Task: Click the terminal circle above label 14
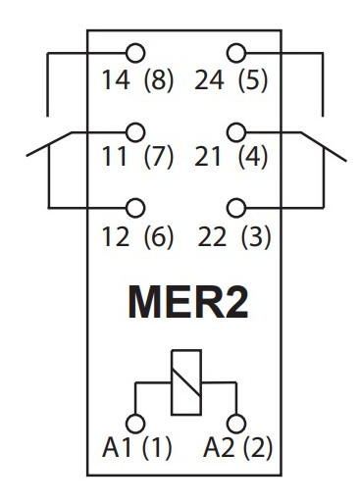pos(135,52)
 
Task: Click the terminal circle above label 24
pos(234,52)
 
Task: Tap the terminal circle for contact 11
pos(135,129)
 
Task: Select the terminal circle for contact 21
pos(234,129)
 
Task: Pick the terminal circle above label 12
pos(135,207)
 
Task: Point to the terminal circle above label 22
pos(234,207)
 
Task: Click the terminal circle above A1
pos(135,423)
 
